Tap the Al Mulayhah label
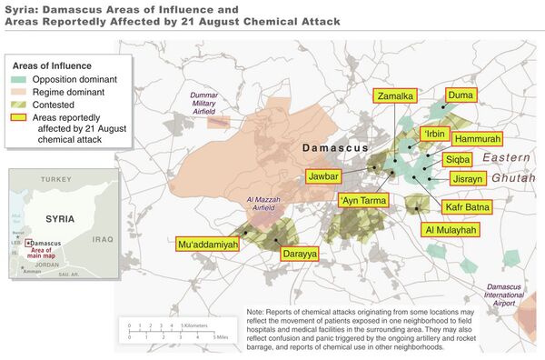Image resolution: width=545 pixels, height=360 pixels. (450, 231)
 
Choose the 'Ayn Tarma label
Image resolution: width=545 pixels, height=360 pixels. (363, 200)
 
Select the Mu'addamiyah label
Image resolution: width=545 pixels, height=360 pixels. (207, 244)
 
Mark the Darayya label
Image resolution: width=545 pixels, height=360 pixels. (300, 255)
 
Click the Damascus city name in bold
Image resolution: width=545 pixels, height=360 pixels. (336, 147)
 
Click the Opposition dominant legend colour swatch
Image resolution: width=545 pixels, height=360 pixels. (21, 79)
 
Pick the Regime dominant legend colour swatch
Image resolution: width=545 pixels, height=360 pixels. (21, 92)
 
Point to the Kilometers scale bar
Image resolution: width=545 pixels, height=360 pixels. (155, 325)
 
